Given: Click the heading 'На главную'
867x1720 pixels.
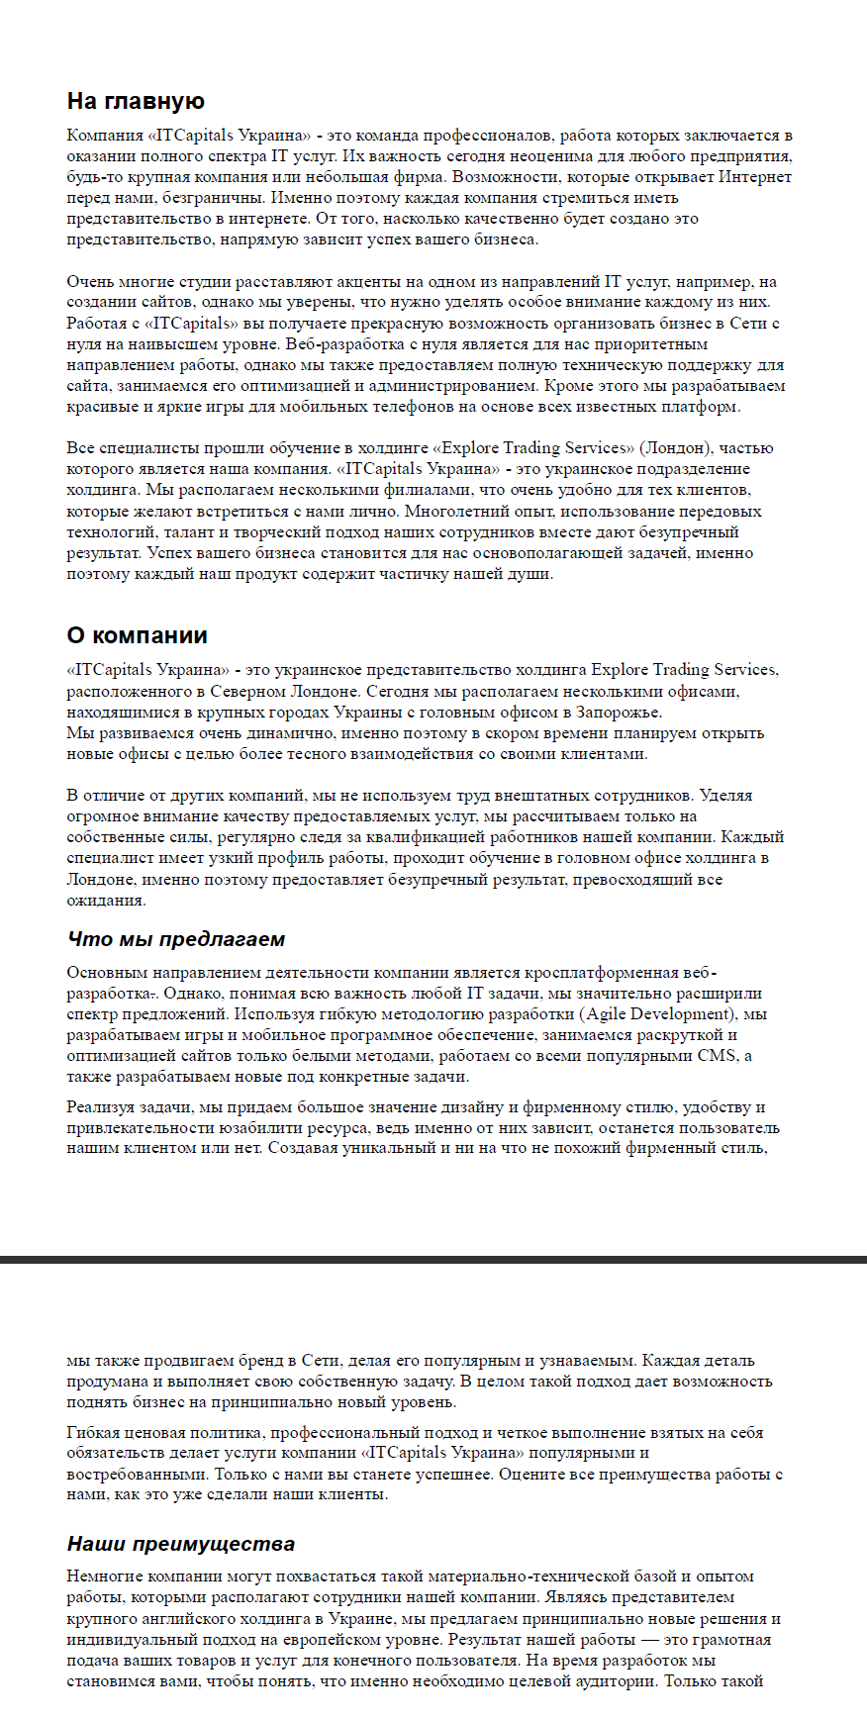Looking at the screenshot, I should point(136,102).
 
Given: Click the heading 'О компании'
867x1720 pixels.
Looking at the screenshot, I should point(137,635).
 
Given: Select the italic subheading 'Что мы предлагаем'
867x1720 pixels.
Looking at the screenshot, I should point(176,939).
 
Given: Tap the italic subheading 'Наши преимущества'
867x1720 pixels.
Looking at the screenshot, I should point(181,1544).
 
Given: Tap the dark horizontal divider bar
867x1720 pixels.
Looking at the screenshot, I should point(433,1260).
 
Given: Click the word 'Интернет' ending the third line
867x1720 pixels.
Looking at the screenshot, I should point(754,177).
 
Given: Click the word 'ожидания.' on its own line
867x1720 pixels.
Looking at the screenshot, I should point(106,901).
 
